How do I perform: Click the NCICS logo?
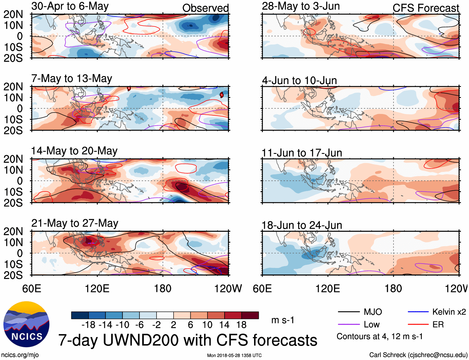pyautogui.click(x=26, y=324)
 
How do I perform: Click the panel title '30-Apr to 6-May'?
pyautogui.click(x=70, y=6)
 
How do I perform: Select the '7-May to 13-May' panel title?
pyautogui.click(x=71, y=78)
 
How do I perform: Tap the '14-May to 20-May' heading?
pyautogui.click(x=74, y=151)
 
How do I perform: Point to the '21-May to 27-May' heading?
pyautogui.click(x=75, y=223)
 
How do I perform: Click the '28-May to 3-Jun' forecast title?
pyautogui.click(x=301, y=6)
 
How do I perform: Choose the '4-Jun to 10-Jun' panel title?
pyautogui.click(x=299, y=80)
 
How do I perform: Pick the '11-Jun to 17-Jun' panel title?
pyautogui.click(x=302, y=153)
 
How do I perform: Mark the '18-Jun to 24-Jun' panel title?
pyautogui.click(x=302, y=225)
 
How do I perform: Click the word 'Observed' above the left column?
pyautogui.click(x=205, y=8)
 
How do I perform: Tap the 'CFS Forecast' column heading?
pyautogui.click(x=426, y=8)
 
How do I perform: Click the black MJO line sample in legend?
pyautogui.click(x=348, y=312)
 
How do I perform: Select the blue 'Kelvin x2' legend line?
pyautogui.click(x=418, y=312)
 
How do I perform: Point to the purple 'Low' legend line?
pyautogui.click(x=348, y=325)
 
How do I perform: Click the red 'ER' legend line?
pyautogui.click(x=418, y=325)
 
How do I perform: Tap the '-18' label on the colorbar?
pyautogui.click(x=89, y=325)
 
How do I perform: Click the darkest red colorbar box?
pyautogui.click(x=250, y=315)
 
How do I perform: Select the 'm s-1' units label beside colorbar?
pyautogui.click(x=283, y=320)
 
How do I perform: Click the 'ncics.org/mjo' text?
pyautogui.click(x=20, y=355)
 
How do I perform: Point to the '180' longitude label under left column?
pyautogui.click(x=163, y=288)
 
